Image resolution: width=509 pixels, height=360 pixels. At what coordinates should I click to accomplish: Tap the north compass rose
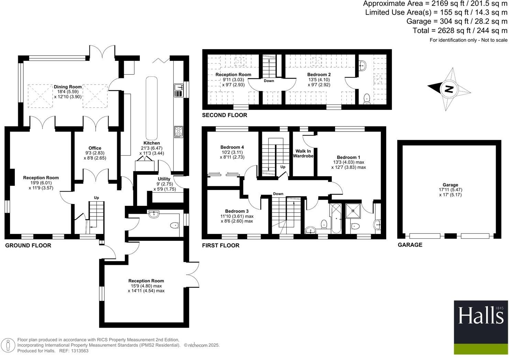[x=449, y=89]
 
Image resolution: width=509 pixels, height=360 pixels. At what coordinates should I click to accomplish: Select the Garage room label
[x=450, y=185]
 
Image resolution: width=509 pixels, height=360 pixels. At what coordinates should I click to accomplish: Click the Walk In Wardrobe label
[x=303, y=154]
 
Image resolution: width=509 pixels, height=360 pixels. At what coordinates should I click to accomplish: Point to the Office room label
[x=95, y=148]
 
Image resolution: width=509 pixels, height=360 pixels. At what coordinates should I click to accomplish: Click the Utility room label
[x=164, y=179]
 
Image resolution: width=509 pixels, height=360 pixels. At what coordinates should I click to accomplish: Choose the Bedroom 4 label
[x=232, y=147]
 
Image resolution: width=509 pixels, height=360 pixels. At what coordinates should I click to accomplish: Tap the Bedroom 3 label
[x=237, y=211]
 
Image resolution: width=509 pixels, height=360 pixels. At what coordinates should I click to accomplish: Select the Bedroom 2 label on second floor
[x=319, y=75]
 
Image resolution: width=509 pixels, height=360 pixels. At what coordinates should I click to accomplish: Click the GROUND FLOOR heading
[x=28, y=245]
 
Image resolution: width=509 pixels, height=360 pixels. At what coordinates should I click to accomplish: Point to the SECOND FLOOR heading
[x=224, y=115]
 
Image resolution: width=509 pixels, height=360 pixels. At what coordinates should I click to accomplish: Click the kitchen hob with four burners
[x=179, y=132]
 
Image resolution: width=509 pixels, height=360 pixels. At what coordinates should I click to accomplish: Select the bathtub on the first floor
[x=335, y=218]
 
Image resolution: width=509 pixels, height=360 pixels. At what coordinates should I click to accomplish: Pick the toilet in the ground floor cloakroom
[x=174, y=225]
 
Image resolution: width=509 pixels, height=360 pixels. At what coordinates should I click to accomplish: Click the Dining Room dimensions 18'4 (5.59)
[x=68, y=92]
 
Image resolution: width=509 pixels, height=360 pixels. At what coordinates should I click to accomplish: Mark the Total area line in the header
[x=460, y=31]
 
